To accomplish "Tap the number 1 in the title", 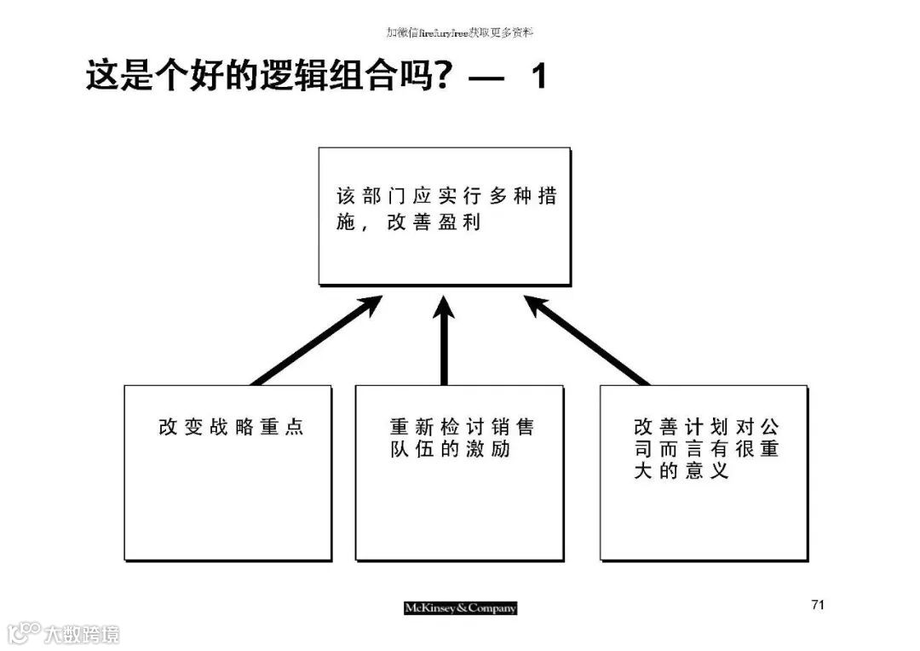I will (x=538, y=77).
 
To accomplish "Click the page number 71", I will (x=818, y=605).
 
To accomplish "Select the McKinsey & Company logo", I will (x=460, y=608).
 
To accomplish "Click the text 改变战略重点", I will (x=231, y=427).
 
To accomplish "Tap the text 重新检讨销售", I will (x=463, y=427).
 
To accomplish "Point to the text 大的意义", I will (x=681, y=470).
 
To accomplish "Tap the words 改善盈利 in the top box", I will (x=434, y=222).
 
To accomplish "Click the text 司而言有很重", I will (x=706, y=449).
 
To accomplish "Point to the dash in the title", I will (x=486, y=78).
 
